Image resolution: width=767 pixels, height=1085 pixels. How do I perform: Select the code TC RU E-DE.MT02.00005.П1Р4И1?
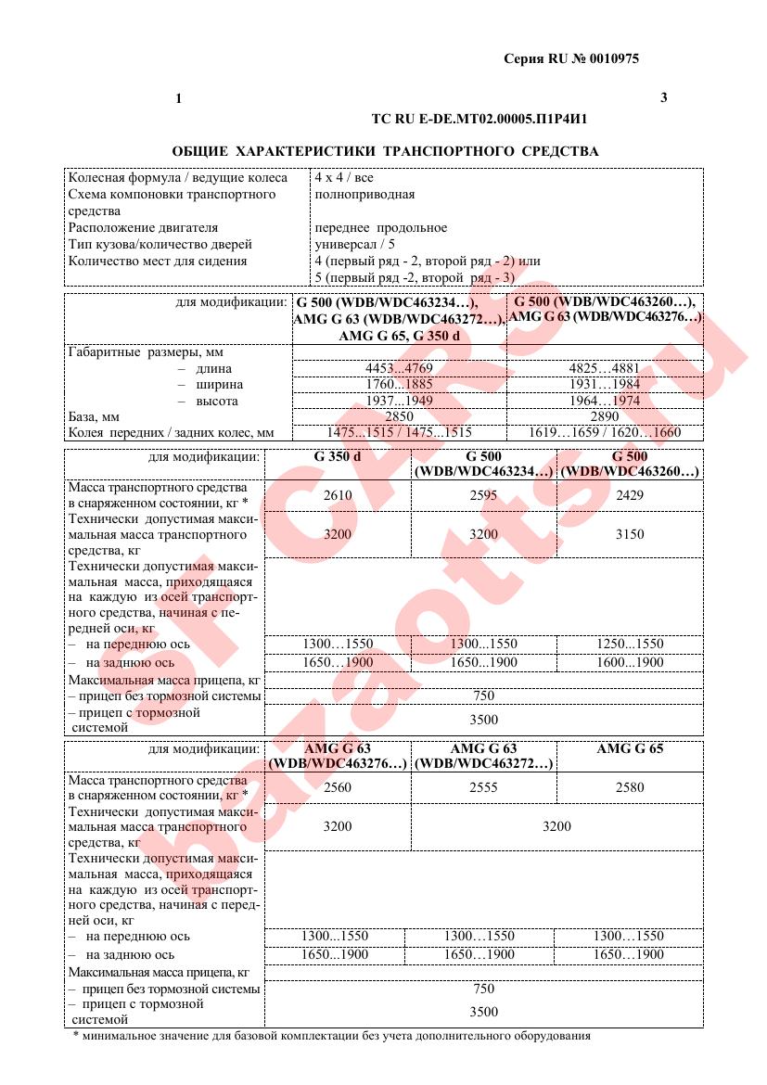480,120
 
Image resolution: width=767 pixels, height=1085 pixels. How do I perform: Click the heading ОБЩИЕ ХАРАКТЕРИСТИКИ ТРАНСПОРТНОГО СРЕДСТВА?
386,150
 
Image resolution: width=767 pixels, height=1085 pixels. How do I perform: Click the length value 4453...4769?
400,368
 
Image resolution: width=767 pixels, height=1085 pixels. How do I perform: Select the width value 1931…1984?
605,384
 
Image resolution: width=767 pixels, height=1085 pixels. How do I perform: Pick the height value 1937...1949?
400,401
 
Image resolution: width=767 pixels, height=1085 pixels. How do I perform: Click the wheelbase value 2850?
400,416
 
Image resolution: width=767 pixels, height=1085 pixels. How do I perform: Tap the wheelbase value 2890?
605,416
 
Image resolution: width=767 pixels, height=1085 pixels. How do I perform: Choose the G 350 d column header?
338,456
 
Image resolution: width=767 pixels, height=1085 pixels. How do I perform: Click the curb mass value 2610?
338,495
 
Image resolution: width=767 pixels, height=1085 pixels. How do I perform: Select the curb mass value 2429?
630,495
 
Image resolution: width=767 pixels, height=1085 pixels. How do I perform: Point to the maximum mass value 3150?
630,534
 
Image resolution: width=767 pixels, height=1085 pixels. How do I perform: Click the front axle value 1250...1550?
630,644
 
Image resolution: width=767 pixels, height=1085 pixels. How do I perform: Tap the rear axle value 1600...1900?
630,662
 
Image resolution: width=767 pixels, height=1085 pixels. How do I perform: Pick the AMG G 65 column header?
630,748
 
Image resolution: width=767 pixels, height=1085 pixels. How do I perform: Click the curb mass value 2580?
630,787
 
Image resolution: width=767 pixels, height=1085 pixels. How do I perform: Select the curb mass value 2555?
483,787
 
